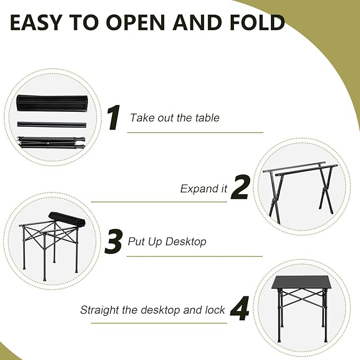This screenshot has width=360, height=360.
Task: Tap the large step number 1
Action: click(113, 117)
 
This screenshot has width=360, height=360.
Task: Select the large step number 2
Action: click(240, 188)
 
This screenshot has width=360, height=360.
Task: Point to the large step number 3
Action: click(114, 241)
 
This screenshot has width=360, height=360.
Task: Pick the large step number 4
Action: click(240, 309)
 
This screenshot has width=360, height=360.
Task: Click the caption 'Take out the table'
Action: click(174, 118)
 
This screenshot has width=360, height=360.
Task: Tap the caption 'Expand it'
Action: click(204, 189)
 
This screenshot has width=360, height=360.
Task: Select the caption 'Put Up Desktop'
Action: click(167, 242)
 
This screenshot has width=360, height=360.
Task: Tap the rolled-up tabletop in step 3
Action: click(66, 218)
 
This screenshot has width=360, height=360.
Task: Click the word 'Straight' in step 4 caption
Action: click(100, 310)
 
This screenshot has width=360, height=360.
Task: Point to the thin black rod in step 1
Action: click(51, 124)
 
